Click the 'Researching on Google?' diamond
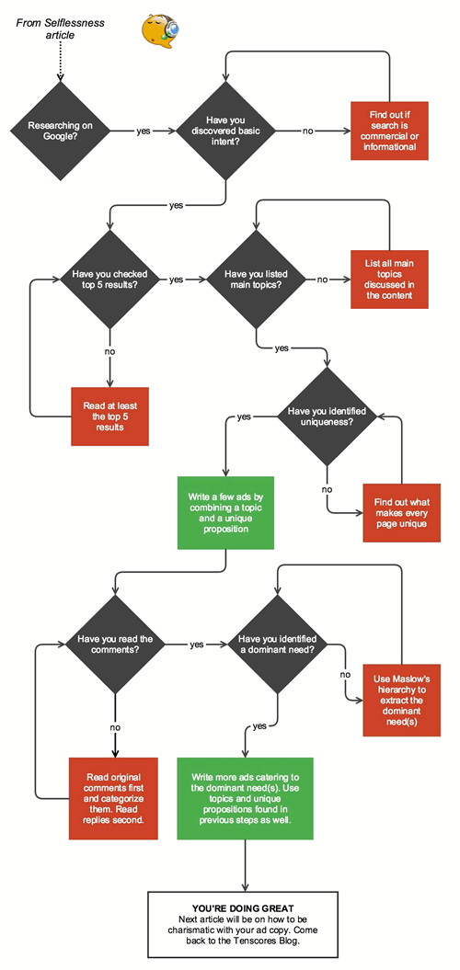click(x=58, y=131)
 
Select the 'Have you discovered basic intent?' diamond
click(x=225, y=131)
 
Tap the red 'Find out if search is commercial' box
click(x=389, y=131)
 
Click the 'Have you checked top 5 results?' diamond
click(x=110, y=279)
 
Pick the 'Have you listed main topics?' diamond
click(x=257, y=279)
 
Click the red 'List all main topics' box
click(x=389, y=279)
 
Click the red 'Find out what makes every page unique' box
click(x=400, y=510)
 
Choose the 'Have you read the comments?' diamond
click(x=115, y=645)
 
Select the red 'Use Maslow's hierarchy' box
click(x=400, y=698)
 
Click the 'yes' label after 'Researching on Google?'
click(x=144, y=131)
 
